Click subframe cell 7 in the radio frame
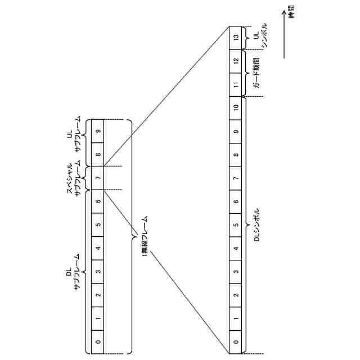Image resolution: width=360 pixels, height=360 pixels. tap(98, 178)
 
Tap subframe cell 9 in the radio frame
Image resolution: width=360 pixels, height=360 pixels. tap(98, 131)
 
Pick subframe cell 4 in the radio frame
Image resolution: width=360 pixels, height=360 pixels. tap(98, 248)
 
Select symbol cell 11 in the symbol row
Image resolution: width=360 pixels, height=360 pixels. tap(236, 84)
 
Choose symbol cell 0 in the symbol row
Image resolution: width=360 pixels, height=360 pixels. tap(236, 341)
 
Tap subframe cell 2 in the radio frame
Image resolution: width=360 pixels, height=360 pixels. tap(98, 295)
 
